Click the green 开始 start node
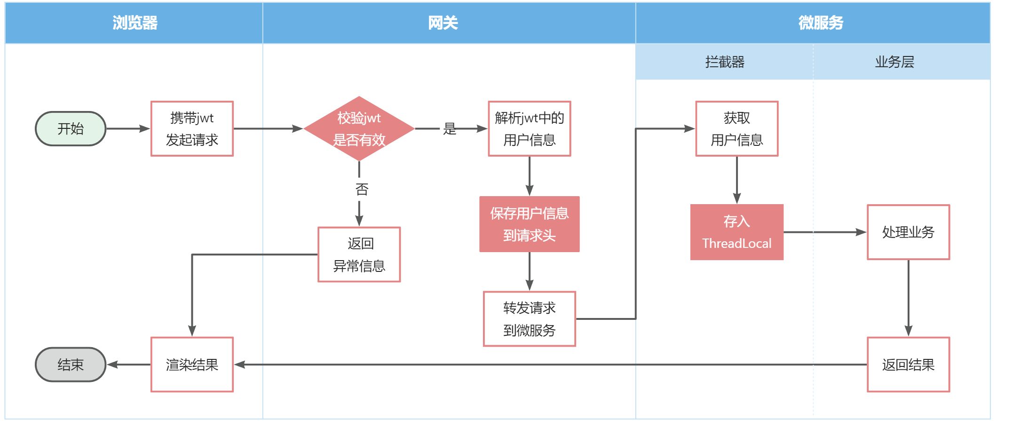(x=71, y=128)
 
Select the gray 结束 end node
(x=71, y=365)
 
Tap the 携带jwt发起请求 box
(x=192, y=128)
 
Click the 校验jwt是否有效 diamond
(x=359, y=128)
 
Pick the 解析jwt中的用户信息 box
(x=529, y=128)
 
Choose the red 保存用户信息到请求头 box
(x=529, y=224)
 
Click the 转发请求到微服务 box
(x=529, y=319)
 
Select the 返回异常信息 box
(x=359, y=254)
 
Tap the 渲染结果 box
(x=192, y=365)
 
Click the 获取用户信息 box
(x=736, y=128)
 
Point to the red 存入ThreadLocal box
(x=736, y=232)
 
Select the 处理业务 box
(x=908, y=232)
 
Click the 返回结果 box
(x=908, y=365)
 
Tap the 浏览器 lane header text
(x=135, y=23)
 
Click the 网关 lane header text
(x=443, y=23)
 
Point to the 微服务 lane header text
(x=821, y=23)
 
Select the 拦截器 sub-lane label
(x=725, y=62)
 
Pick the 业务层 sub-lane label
(x=894, y=62)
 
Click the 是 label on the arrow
(x=450, y=128)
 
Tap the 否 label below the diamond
(x=362, y=189)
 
